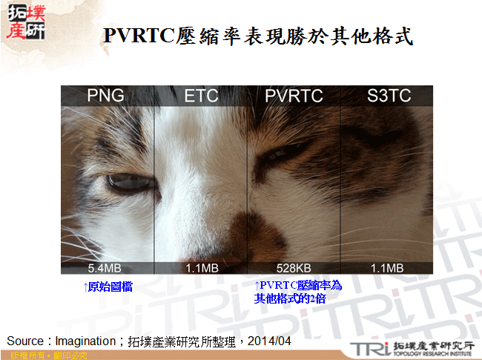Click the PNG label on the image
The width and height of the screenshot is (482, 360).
pyautogui.click(x=105, y=96)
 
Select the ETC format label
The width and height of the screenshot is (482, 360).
pyautogui.click(x=200, y=96)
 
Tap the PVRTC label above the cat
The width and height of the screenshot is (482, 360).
pyautogui.click(x=294, y=96)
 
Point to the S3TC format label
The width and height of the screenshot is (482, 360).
pyautogui.click(x=388, y=96)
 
